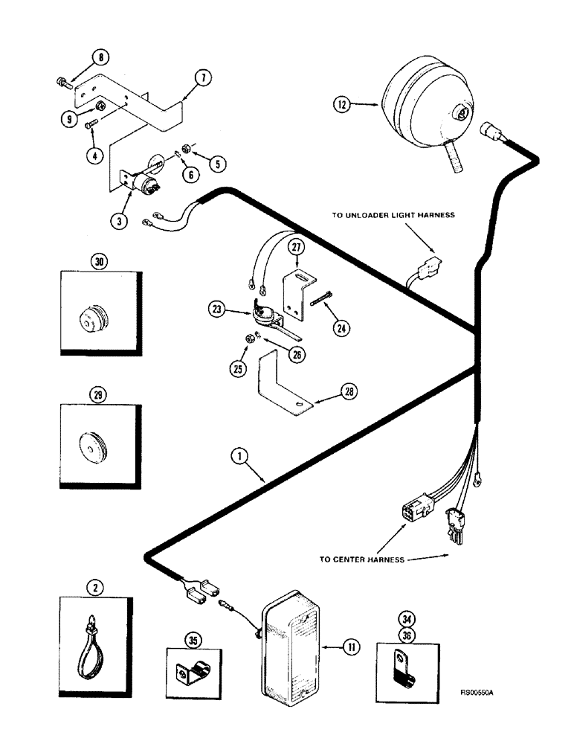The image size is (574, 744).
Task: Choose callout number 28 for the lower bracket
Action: [x=348, y=390]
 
